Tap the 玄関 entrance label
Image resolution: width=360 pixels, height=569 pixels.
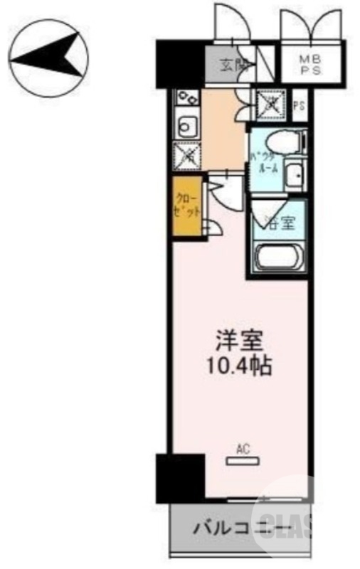231,65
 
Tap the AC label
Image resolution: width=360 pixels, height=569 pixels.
242,449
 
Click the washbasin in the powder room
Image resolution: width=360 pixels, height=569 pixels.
292,173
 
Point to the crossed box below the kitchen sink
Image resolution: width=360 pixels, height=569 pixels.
188,154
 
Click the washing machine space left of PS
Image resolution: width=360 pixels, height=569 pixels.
271,105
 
